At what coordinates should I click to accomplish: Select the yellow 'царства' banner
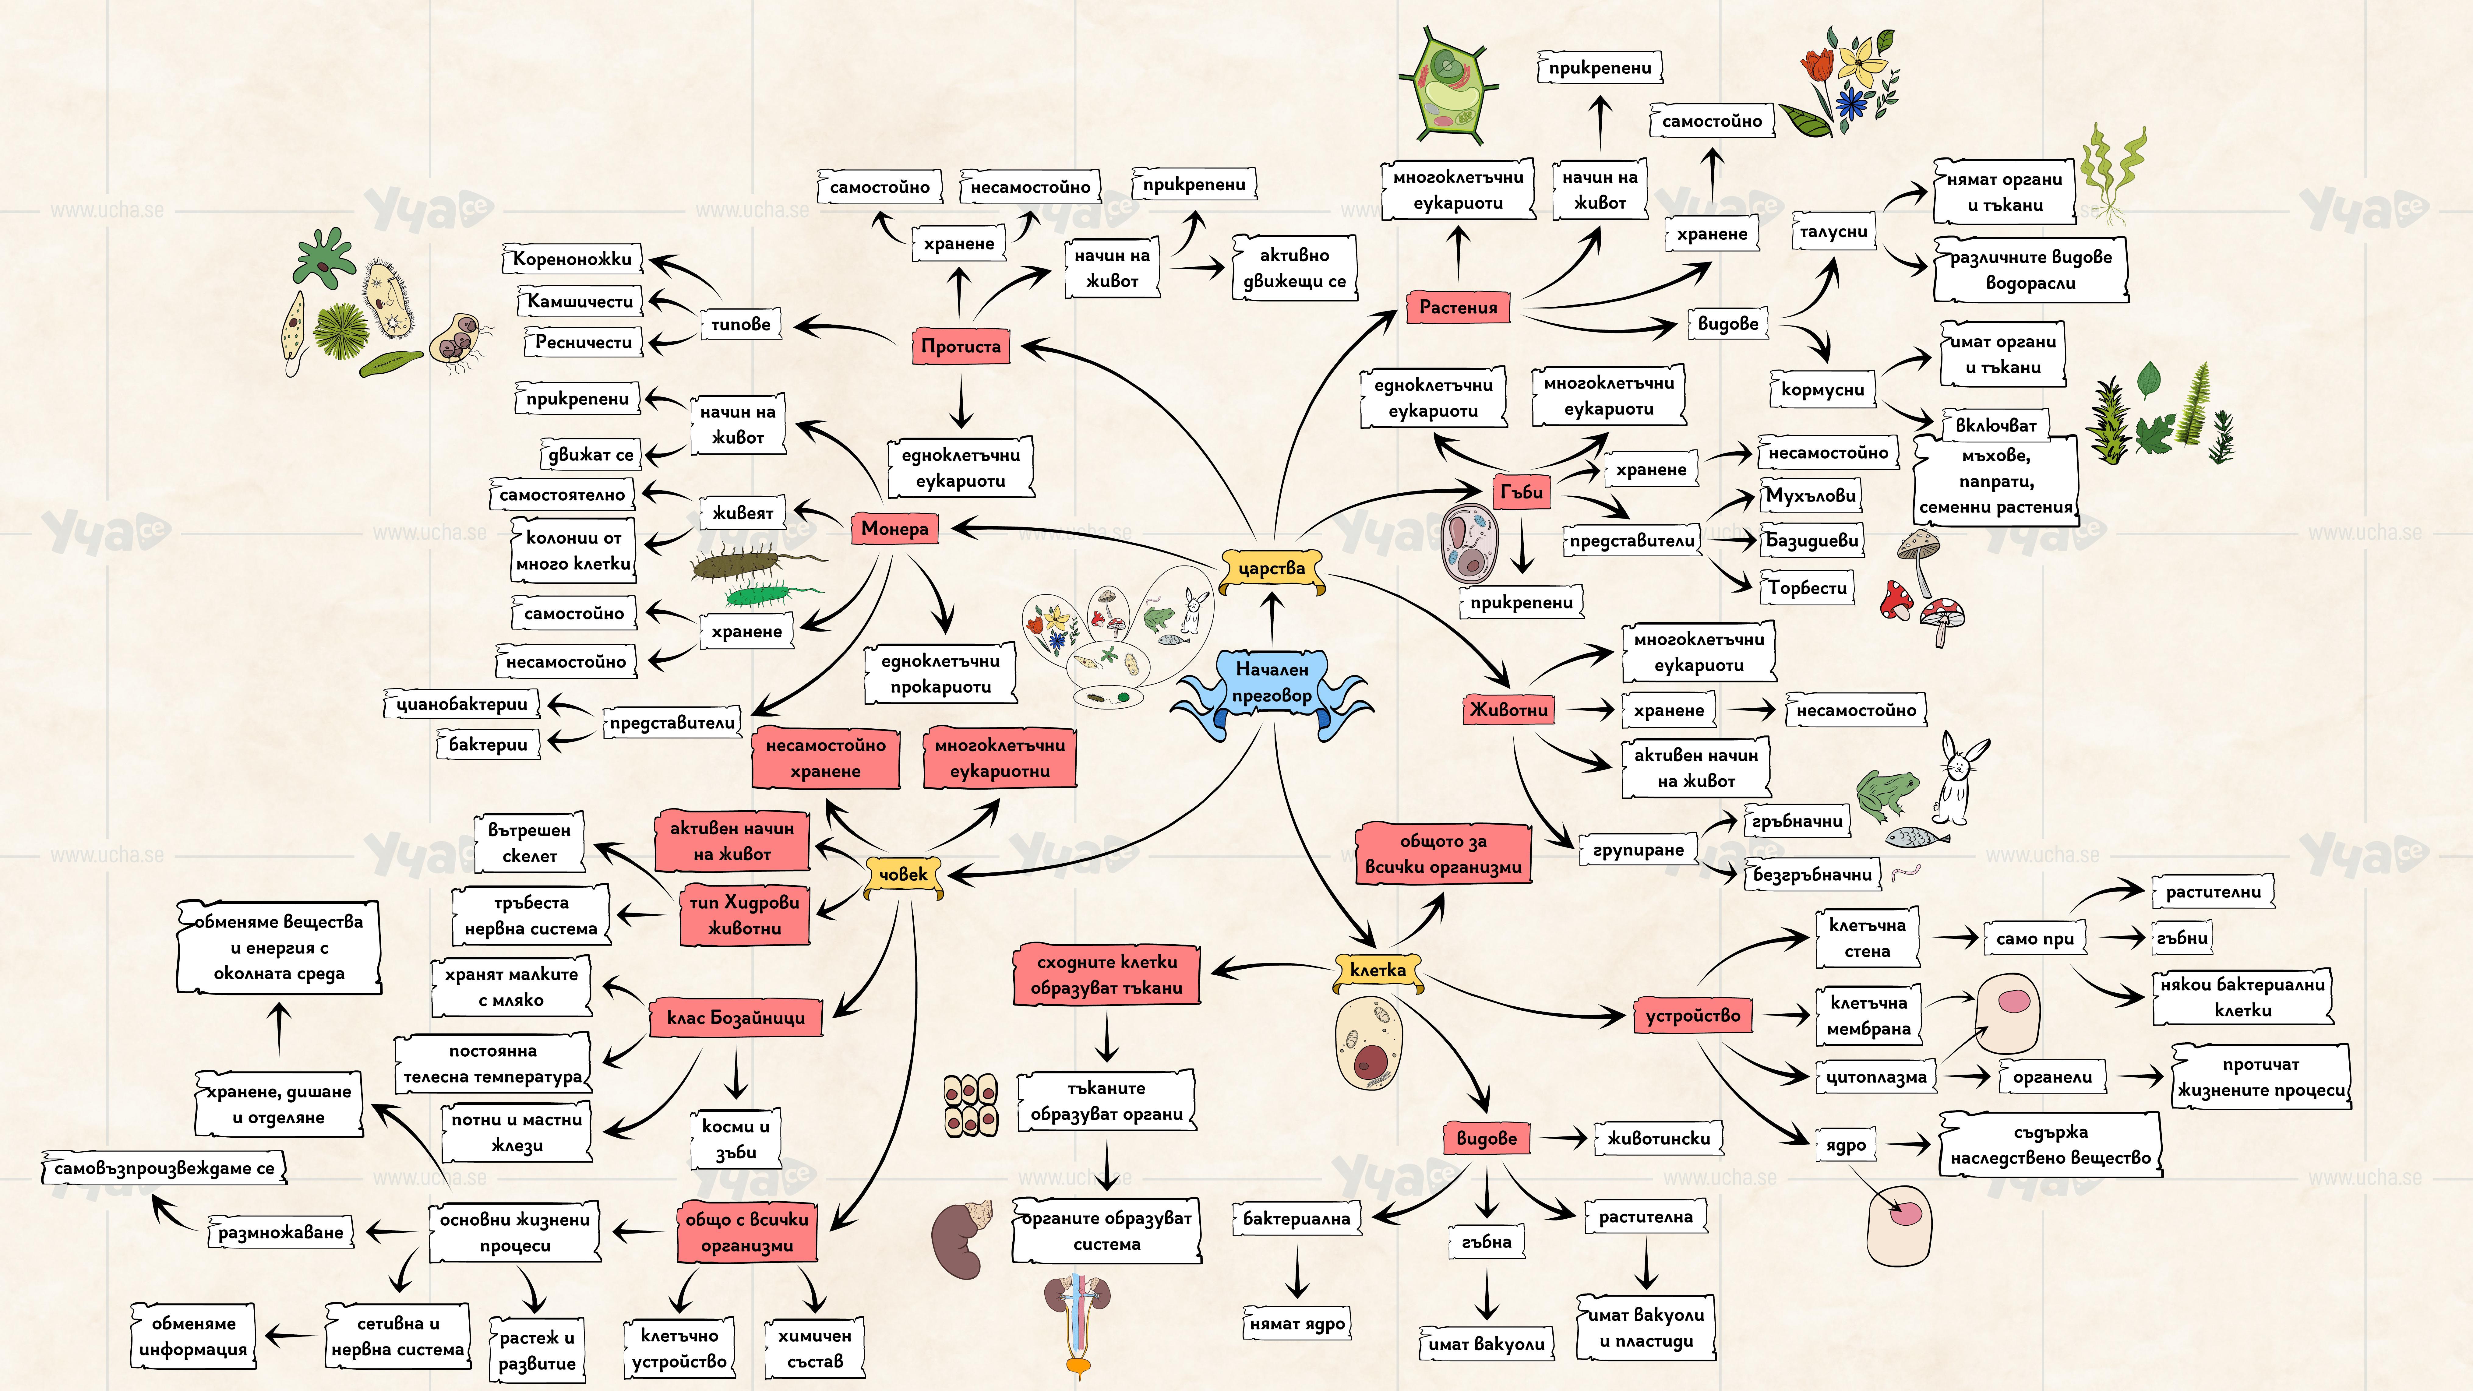click(1271, 568)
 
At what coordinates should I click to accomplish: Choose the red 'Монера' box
click(894, 528)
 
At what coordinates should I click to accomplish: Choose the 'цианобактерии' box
click(462, 704)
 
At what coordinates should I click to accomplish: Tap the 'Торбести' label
click(1807, 587)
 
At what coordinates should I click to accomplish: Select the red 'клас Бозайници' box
click(736, 1018)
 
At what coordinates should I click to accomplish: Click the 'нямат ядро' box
click(1297, 1324)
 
